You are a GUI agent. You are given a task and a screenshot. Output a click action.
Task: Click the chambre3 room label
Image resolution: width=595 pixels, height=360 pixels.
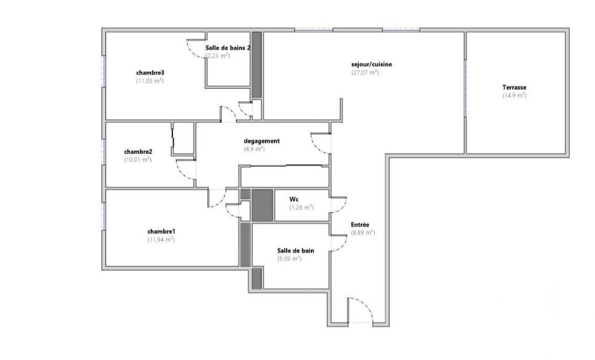pos(150,73)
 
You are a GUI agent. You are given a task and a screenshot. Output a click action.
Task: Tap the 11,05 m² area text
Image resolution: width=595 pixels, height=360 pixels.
pos(150,81)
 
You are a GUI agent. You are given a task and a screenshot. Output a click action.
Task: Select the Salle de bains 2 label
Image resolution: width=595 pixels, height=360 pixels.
pos(228,48)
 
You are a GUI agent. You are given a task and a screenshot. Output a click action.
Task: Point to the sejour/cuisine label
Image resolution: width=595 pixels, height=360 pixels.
pos(371,65)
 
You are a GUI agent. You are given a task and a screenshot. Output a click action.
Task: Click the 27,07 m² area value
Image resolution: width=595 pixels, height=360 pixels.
pos(365,73)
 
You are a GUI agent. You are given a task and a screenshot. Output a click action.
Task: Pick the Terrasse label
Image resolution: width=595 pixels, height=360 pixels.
pos(514,87)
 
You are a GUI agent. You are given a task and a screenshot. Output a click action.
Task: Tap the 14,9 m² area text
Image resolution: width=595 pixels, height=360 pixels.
pos(515,96)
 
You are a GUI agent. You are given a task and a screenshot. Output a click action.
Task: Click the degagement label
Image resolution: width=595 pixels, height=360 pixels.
pos(262,141)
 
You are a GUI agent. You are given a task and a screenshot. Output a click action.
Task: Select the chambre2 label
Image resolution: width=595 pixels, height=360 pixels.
pos(138,151)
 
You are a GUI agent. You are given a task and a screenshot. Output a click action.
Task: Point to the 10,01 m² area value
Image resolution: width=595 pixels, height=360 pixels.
pos(138,160)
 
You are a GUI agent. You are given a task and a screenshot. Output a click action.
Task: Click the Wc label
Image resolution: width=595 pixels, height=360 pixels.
pos(294,199)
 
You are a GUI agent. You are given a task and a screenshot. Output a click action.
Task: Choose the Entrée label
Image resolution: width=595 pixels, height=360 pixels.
pos(360,225)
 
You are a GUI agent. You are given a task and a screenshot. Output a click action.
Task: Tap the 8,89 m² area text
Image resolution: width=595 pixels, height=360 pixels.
pos(363,233)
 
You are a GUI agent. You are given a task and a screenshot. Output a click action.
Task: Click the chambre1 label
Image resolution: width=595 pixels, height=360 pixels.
pos(161,231)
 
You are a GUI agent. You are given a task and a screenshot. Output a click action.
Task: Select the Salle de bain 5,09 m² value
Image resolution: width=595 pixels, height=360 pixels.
pos(289,259)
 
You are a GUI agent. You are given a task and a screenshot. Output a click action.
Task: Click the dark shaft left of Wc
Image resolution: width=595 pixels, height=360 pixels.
pos(263,205)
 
